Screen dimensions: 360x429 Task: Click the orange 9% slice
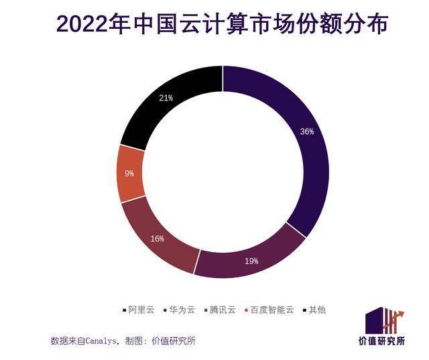coord(129,173)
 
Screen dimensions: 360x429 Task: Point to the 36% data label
coord(306,132)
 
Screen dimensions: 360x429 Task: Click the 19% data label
coord(251,261)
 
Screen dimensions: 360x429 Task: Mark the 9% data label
coord(129,173)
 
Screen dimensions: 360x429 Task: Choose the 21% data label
coord(166,98)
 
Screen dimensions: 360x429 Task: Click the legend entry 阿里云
coord(141,310)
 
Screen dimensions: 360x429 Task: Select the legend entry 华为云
coord(182,310)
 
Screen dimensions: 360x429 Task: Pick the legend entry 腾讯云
coord(223,310)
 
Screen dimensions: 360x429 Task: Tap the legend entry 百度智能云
coord(272,310)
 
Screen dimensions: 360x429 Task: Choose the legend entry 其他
coord(317,310)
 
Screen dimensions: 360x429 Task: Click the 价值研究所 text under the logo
coord(381,341)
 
